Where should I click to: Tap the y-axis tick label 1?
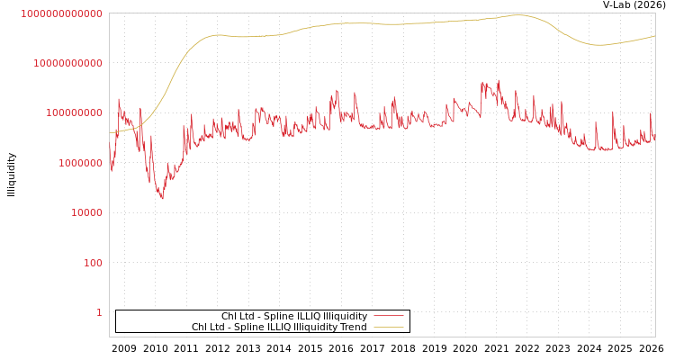[99, 312]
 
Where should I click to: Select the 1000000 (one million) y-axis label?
[82, 163]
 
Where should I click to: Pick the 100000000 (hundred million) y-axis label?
[75, 112]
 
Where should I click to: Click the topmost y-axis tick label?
[62, 13]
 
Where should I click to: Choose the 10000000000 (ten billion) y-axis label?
[68, 63]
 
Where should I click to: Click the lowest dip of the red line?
[162, 198]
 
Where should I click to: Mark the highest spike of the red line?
[499, 80]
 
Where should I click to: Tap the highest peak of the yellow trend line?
[520, 14]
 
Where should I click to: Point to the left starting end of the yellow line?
[110, 133]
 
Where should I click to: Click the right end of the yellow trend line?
[654, 36]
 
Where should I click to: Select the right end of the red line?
[654, 140]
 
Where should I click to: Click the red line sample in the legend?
[389, 317]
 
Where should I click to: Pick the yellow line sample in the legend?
[389, 328]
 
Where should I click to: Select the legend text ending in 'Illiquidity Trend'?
[279, 328]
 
